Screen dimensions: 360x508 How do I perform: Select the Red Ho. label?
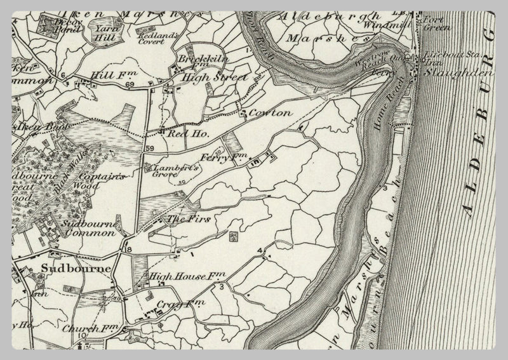[x=179, y=134]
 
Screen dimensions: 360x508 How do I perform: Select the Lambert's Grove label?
[x=177, y=168]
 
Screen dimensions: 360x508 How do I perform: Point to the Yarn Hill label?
[x=105, y=32]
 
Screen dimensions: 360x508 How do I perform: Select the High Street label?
[x=205, y=77]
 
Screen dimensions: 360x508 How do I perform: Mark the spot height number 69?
[x=131, y=84]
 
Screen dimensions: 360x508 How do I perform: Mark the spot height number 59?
[x=149, y=148]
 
